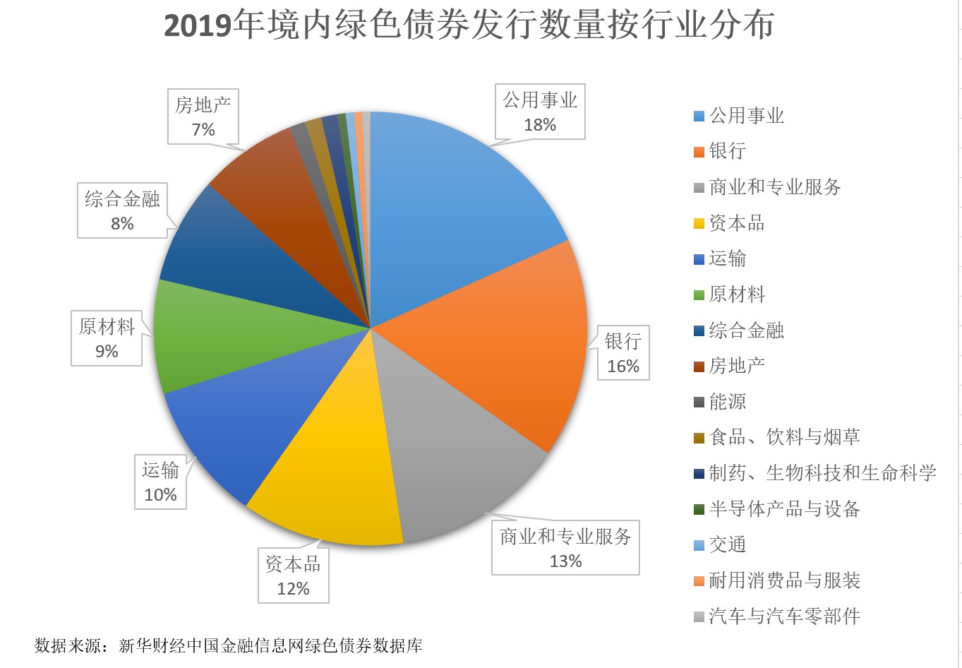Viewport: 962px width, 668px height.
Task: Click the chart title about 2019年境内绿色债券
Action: pyautogui.click(x=469, y=26)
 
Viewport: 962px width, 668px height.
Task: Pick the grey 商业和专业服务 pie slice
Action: pyautogui.click(x=452, y=452)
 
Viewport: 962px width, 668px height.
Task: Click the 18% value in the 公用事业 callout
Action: pyautogui.click(x=540, y=125)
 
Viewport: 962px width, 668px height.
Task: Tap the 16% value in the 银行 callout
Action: pyautogui.click(x=623, y=366)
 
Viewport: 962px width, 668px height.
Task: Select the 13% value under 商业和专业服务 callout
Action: pyautogui.click(x=565, y=561)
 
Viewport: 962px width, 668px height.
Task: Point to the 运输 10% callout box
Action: pyautogui.click(x=160, y=482)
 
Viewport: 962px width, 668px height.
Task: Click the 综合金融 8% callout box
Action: pyautogui.click(x=122, y=211)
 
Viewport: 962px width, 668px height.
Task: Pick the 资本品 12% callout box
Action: pyautogui.click(x=293, y=576)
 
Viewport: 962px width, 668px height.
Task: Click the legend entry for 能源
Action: pyautogui.click(x=727, y=402)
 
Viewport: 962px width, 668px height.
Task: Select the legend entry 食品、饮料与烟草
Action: pyautogui.click(x=783, y=437)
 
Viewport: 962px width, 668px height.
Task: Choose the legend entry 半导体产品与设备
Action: pyautogui.click(x=783, y=509)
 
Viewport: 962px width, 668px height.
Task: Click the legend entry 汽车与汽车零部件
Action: pyautogui.click(x=783, y=616)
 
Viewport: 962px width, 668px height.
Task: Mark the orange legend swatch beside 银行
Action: pyautogui.click(x=699, y=152)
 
